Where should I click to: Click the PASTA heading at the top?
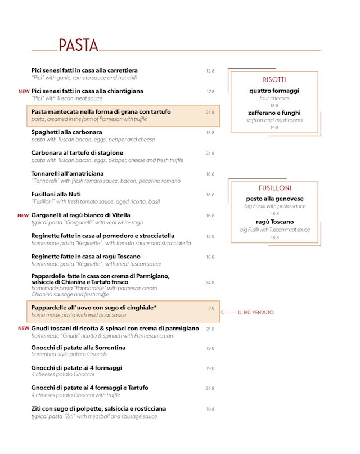[78, 44]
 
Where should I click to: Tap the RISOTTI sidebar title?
[274, 79]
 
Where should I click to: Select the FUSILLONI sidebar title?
[274, 188]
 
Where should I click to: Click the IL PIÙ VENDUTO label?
[255, 312]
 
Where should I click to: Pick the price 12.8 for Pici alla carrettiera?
[210, 71]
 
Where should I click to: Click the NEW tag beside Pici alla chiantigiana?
[24, 91]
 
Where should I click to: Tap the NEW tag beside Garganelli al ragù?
[23, 215]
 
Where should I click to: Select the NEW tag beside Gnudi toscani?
[24, 329]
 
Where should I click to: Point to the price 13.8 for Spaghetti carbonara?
[210, 133]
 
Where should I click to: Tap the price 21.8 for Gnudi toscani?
[210, 329]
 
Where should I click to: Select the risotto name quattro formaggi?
[274, 91]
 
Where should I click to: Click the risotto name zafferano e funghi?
[274, 113]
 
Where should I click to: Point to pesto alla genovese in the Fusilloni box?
[274, 199]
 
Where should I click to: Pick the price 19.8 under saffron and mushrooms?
[274, 128]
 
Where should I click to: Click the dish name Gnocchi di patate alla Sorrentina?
[78, 347]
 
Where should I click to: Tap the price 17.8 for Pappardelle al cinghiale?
[210, 308]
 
